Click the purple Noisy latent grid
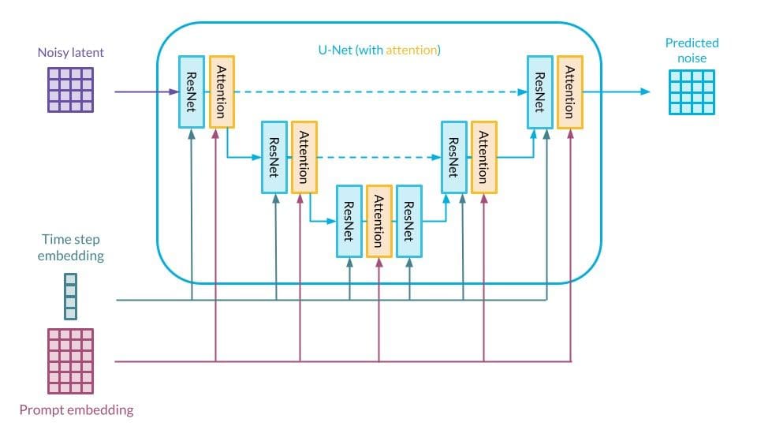pyautogui.click(x=71, y=90)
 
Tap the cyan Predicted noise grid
pyautogui.click(x=692, y=92)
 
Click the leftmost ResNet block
pyautogui.click(x=192, y=92)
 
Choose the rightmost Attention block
pyautogui.click(x=569, y=92)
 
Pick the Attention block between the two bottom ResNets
pyautogui.click(x=378, y=221)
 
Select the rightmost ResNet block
pyautogui.click(x=539, y=92)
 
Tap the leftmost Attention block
pyautogui.click(x=222, y=92)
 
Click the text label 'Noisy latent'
pyautogui.click(x=70, y=53)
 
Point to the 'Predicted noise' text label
pyautogui.click(x=692, y=50)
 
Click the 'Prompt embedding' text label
pyautogui.click(x=76, y=409)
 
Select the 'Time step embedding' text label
pyautogui.click(x=71, y=247)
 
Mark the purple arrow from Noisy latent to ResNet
pyautogui.click(x=146, y=92)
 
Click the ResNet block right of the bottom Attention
pyautogui.click(x=408, y=221)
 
